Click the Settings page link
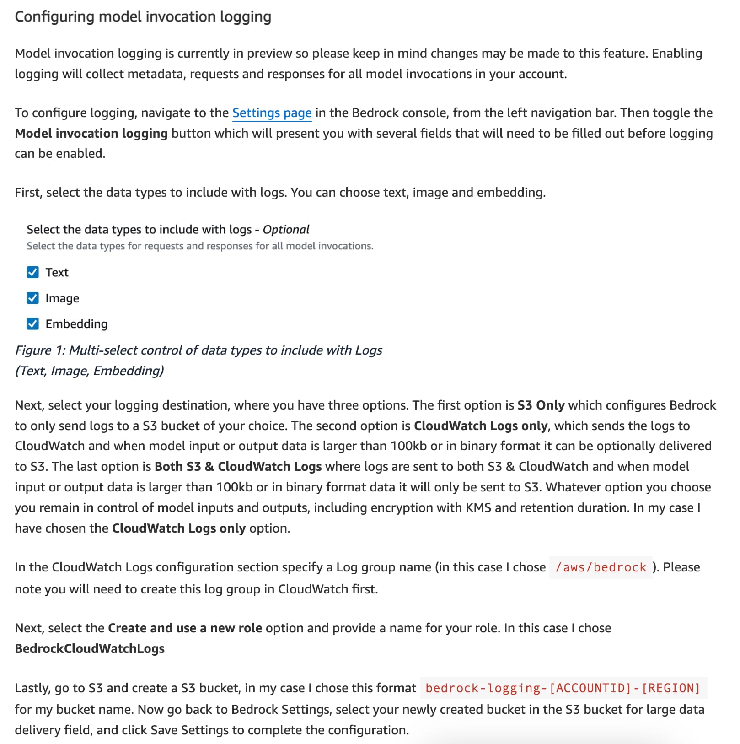(272, 113)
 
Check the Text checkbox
(32, 273)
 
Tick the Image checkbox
(32, 298)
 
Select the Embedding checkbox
(32, 324)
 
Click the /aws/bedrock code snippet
(601, 567)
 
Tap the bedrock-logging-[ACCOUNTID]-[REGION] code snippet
(563, 688)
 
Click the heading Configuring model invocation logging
(143, 17)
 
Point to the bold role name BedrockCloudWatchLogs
(90, 649)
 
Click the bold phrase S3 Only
(541, 405)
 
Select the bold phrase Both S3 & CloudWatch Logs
(238, 467)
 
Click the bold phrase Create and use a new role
(185, 628)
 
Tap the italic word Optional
(286, 230)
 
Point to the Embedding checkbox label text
(76, 324)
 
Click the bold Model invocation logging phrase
(91, 134)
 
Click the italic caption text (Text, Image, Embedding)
(90, 371)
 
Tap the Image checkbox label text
(62, 298)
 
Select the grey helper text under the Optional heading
(200, 246)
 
